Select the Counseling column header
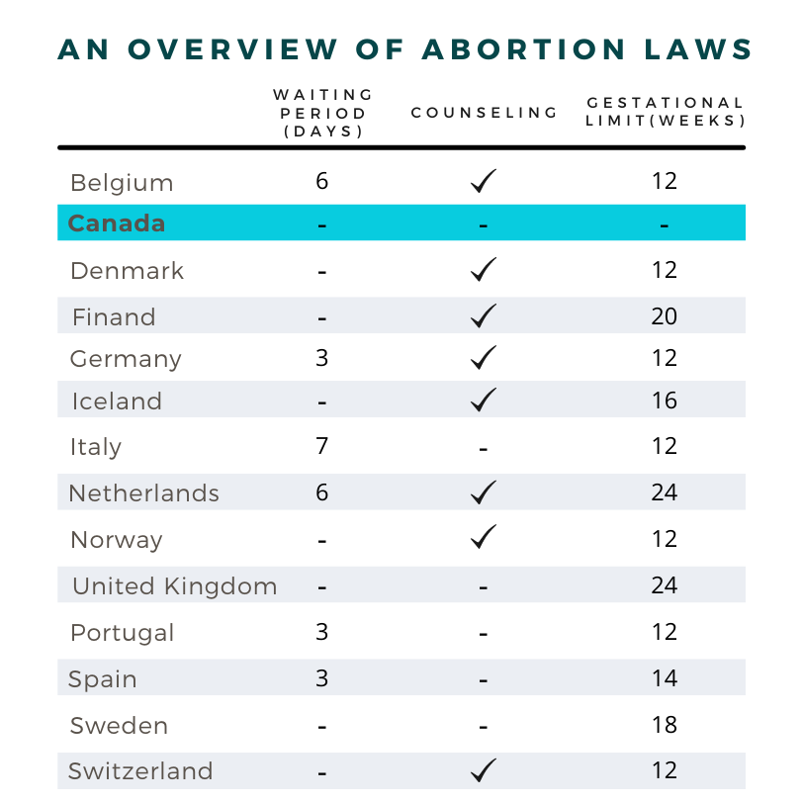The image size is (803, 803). pos(485,113)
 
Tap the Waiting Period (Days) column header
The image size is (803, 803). pos(323,113)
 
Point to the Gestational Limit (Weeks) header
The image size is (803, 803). pos(665,112)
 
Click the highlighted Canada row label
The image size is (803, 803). pos(117,223)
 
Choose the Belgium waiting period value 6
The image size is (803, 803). pos(321,181)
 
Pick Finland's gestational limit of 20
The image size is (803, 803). pos(665,316)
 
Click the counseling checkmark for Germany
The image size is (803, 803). pos(484,357)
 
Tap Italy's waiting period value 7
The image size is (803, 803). pos(321,445)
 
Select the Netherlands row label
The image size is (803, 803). pos(144,492)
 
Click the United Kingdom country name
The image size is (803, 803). pos(175,585)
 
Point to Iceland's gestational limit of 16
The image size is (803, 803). pos(665,401)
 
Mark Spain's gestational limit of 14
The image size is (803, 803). pos(665,678)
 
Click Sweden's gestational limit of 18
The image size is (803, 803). pos(665,725)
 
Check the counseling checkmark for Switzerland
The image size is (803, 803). pos(484,769)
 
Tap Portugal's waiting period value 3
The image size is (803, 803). pos(321,632)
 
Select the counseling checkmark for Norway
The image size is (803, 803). pos(484,537)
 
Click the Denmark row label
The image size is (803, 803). pos(128,270)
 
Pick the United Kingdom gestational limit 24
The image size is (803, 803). pos(665,585)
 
